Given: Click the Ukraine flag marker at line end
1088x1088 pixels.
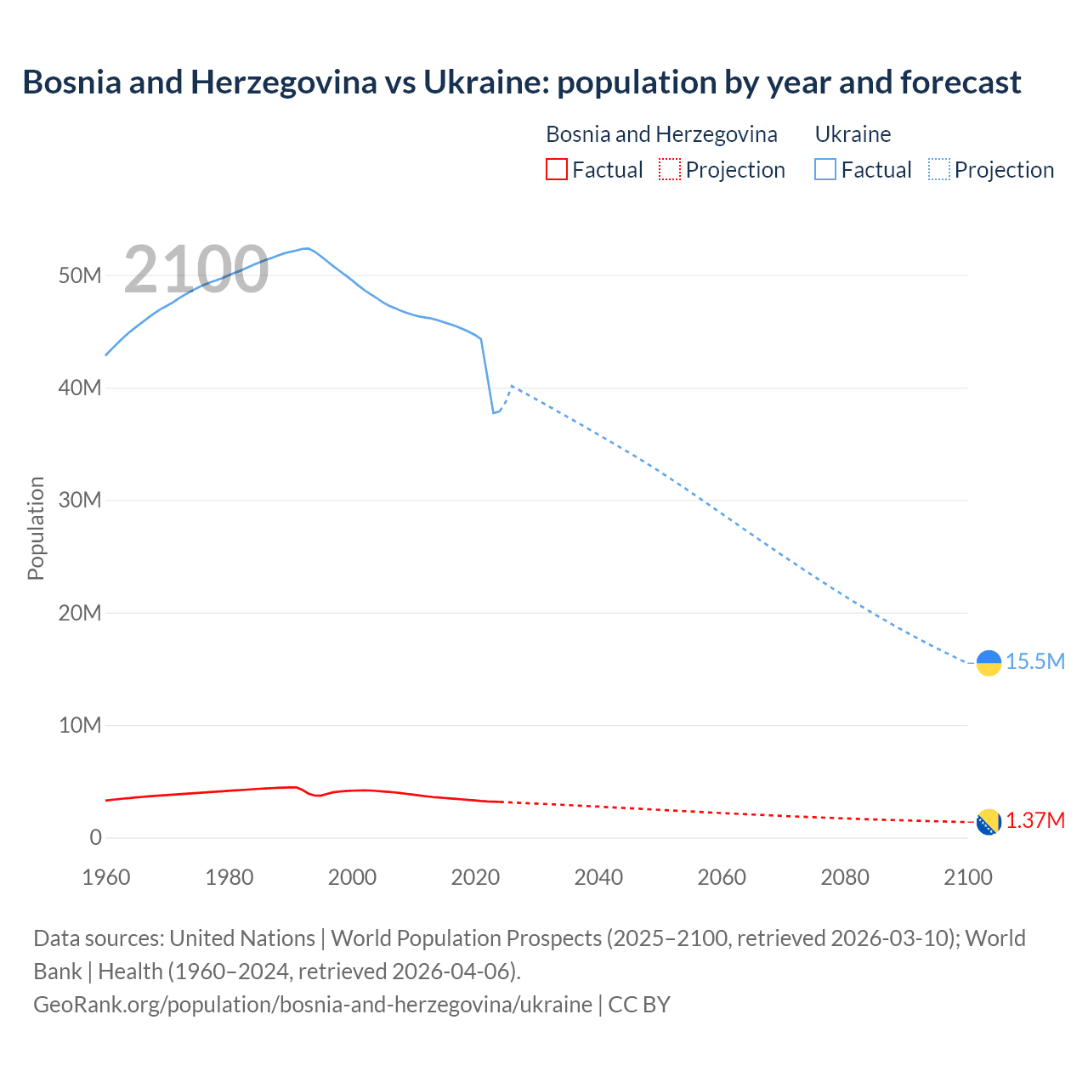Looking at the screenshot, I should pos(989,663).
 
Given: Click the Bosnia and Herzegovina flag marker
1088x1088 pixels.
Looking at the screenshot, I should pos(989,822).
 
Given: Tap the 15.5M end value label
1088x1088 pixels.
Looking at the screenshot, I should pos(1035,661).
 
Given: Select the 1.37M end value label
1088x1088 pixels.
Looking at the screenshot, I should pos(1035,820).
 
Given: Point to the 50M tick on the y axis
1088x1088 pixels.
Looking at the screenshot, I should pos(80,275).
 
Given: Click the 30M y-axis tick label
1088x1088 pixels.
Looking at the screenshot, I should pos(80,500).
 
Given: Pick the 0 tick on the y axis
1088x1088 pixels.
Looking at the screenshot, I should pos(95,837).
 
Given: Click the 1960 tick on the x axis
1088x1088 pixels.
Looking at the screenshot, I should pos(106,877).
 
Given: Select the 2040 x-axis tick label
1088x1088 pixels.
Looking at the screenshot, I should pos(598,877).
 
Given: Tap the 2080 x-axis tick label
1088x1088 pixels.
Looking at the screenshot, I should pos(845,877).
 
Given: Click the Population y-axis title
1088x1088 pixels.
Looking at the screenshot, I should pos(36,528).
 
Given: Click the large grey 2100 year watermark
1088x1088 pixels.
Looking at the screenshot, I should pos(196,269).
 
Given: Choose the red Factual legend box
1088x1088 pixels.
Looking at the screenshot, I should pos(556,169).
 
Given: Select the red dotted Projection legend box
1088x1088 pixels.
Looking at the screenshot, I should pos(670,169).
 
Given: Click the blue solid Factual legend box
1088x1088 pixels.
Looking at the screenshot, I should pos(825,169).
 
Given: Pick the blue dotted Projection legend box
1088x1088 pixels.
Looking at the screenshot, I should pos(939,169).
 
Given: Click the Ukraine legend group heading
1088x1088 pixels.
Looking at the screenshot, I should pos(853,134).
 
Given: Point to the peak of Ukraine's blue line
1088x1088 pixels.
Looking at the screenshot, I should pos(306,248).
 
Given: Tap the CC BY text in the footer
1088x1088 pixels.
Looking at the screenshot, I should pos(639,1005).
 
